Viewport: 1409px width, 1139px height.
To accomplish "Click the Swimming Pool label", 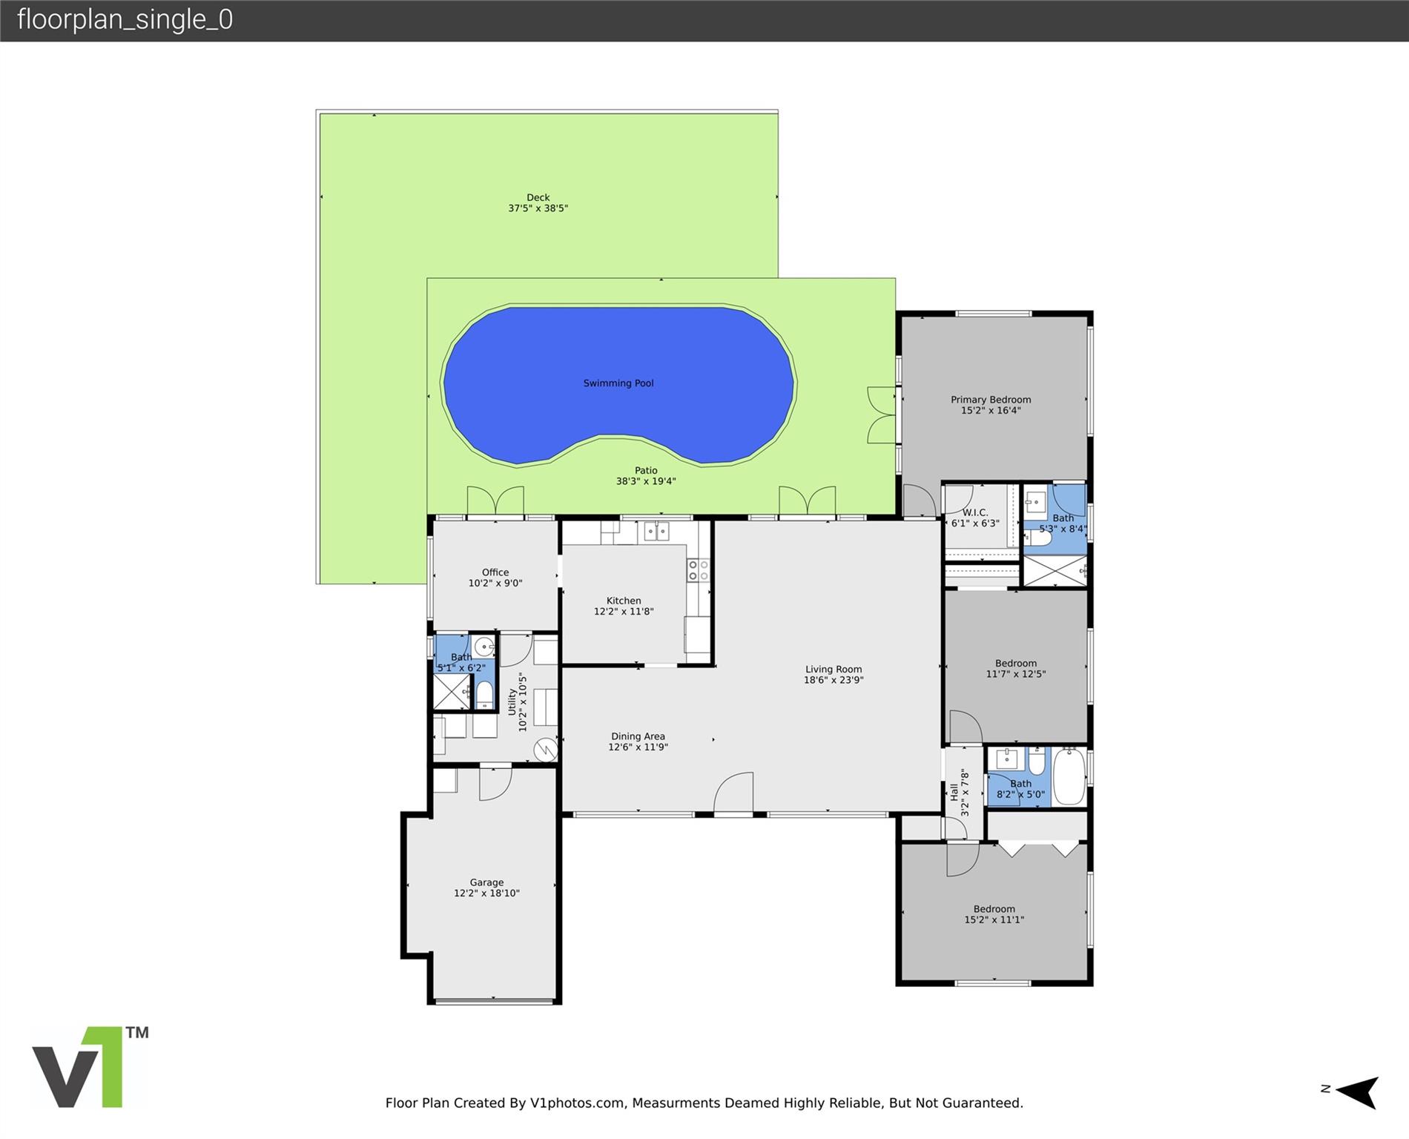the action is click(x=618, y=383).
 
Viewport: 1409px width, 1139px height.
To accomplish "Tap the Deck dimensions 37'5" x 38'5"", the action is click(x=538, y=208).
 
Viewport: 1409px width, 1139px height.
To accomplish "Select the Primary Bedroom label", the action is click(x=991, y=400).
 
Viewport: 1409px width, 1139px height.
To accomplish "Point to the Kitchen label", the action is click(x=624, y=601).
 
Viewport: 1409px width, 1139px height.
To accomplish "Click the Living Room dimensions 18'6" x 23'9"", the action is click(x=834, y=680).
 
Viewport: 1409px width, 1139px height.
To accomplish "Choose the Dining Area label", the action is click(x=638, y=736).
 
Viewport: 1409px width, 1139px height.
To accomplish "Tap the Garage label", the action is click(x=486, y=882).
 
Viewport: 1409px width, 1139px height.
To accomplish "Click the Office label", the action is click(x=495, y=572).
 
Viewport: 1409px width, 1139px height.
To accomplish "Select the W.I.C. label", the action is click(x=975, y=512).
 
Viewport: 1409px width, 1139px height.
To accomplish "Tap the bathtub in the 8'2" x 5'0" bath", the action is click(x=1069, y=776).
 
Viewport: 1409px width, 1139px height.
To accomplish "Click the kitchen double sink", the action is click(x=656, y=531).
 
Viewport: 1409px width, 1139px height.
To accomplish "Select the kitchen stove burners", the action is click(x=698, y=570).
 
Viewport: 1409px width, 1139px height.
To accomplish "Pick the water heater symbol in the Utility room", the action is click(x=546, y=750).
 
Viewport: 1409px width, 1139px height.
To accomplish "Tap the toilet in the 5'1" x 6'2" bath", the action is click(x=484, y=695).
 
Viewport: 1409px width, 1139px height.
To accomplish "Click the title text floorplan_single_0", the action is click(x=125, y=20).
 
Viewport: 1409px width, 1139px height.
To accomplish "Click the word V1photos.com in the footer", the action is click(x=577, y=1103).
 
